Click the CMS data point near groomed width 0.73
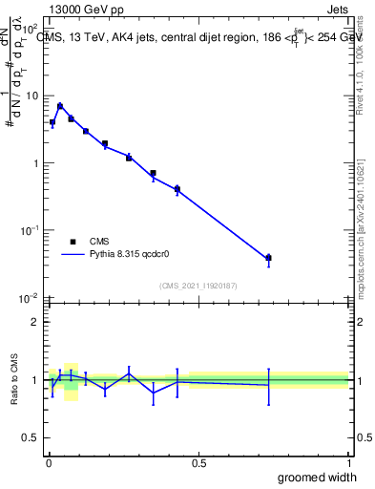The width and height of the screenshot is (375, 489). coord(268,258)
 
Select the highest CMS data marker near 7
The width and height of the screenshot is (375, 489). coord(60,106)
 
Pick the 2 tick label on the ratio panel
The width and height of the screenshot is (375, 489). coord(35,322)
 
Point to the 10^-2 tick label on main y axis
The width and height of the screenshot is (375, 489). coord(29,298)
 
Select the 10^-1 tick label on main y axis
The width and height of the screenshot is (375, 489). coord(29,230)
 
